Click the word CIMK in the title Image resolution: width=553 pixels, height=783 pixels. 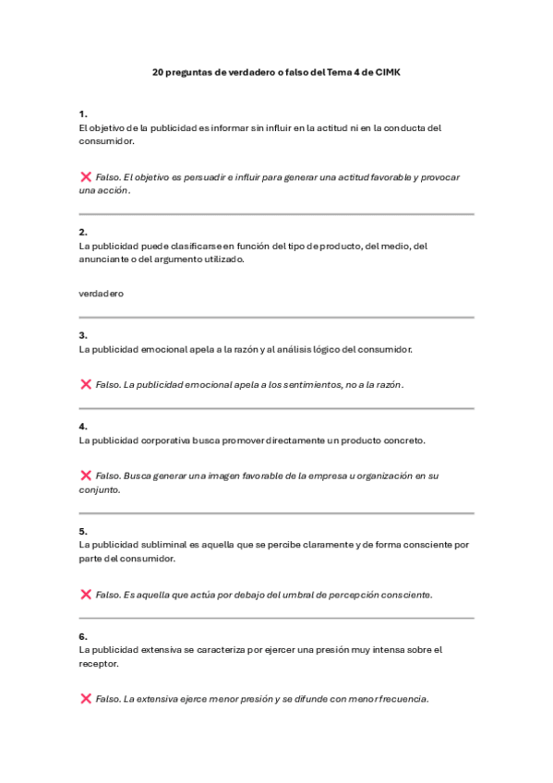(x=388, y=71)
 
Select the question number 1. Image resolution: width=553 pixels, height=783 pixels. (x=83, y=114)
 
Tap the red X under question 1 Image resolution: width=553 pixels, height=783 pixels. (x=86, y=176)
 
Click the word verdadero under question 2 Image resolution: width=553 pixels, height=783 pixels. (x=102, y=294)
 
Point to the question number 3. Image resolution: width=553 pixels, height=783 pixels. (x=83, y=335)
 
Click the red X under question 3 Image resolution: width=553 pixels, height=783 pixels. (x=86, y=384)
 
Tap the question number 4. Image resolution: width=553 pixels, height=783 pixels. (x=83, y=427)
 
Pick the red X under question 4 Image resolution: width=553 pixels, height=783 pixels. (x=86, y=476)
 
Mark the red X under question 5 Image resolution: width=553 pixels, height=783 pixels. (x=86, y=595)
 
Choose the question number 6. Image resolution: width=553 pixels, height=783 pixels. (x=83, y=636)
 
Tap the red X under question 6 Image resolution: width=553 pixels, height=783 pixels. (x=86, y=699)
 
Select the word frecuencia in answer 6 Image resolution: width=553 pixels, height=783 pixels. (x=402, y=699)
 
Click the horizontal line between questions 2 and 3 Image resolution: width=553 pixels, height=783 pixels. (x=276, y=318)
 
